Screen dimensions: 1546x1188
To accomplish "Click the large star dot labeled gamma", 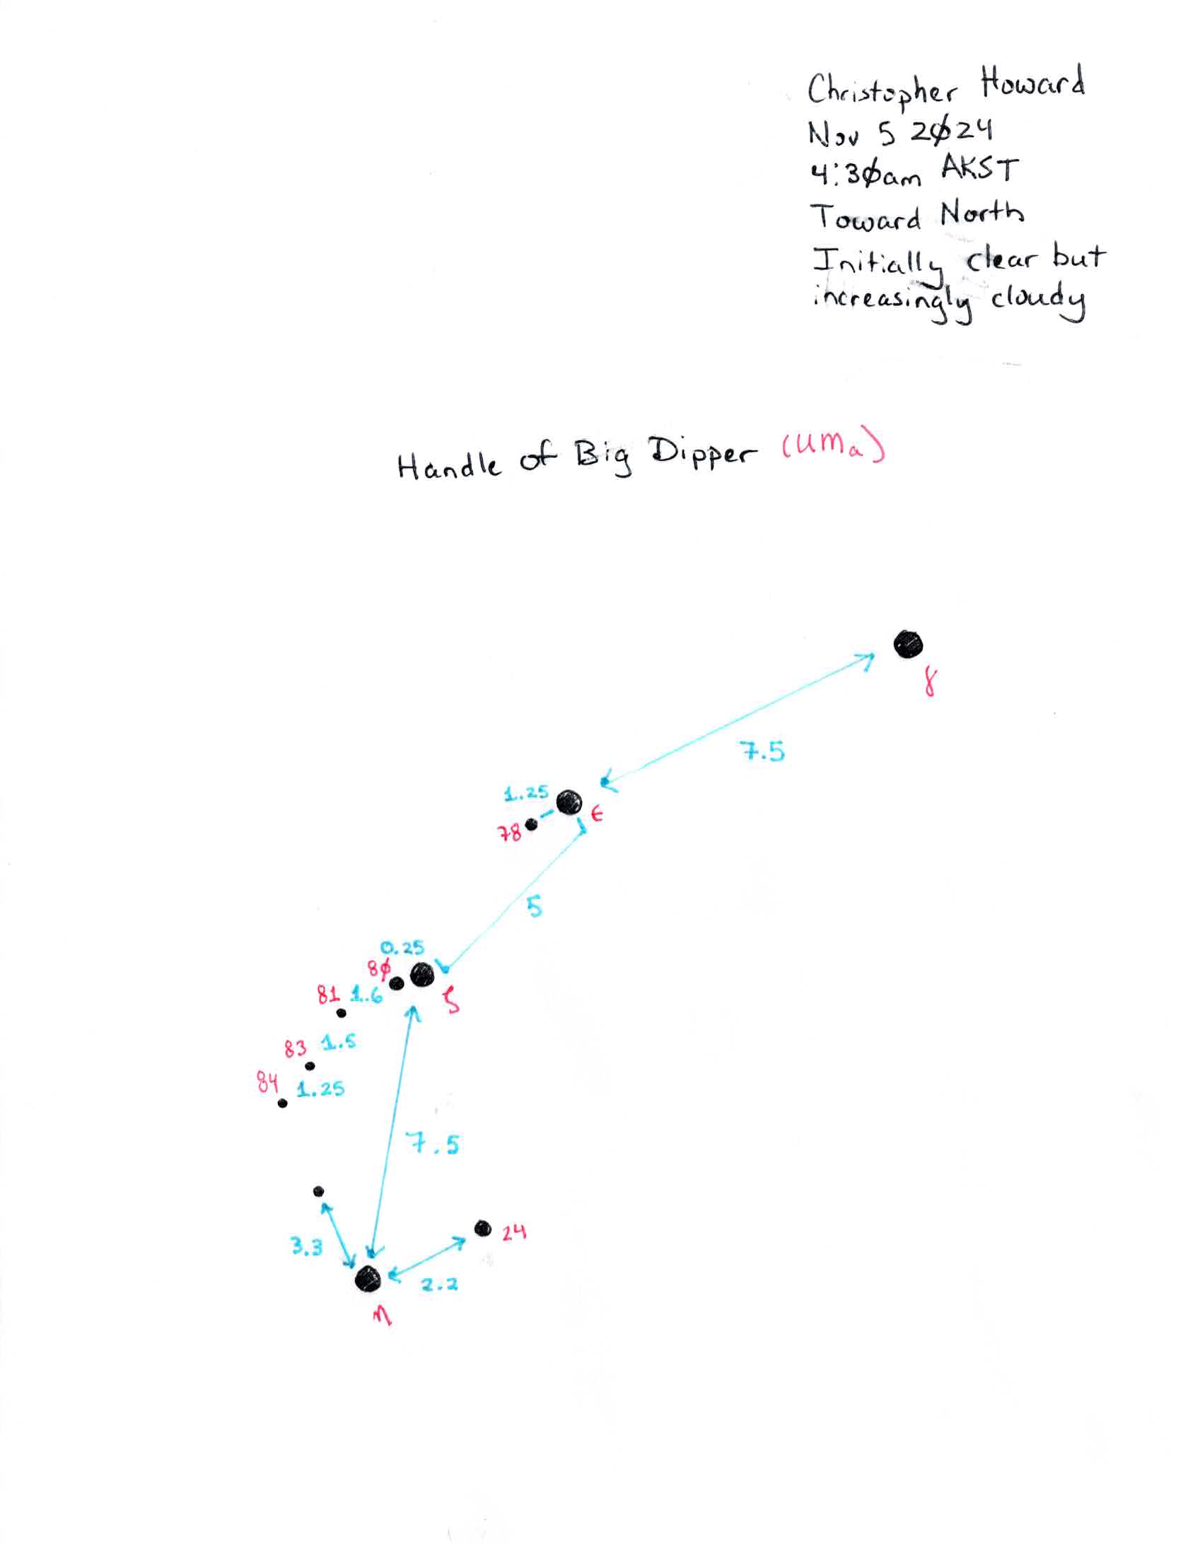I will tap(908, 645).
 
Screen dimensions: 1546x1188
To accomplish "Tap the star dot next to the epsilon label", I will tap(569, 803).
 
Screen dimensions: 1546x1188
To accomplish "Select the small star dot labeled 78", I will tap(531, 824).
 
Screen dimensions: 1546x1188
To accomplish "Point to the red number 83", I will tap(296, 1049).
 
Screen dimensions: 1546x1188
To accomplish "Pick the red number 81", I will tap(329, 995).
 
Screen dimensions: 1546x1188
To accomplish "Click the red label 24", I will tap(514, 1233).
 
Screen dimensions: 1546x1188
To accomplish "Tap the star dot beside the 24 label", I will tap(483, 1229).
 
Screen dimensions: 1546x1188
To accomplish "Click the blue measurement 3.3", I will tap(307, 1246).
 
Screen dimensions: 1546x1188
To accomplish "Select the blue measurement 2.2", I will tap(440, 1284).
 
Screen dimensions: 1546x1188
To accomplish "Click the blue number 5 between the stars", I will tap(535, 906).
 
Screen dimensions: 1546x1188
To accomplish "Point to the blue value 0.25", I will tap(402, 948).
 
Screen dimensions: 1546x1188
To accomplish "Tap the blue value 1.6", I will tap(366, 995).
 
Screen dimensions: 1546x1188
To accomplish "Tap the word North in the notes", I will tap(982, 213).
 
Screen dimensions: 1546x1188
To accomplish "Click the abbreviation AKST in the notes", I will tap(979, 170).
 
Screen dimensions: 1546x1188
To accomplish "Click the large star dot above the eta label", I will tap(368, 1278).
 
